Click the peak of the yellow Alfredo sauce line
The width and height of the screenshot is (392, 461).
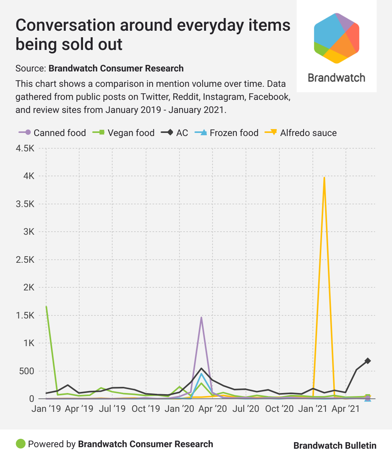coord(324,178)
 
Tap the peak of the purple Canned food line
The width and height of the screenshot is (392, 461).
coord(201,318)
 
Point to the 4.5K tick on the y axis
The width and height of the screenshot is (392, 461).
coord(25,148)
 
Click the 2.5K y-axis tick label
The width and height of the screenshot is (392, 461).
coord(25,260)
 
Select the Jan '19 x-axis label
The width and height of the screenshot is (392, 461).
coord(46,408)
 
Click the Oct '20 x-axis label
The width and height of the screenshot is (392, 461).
coord(279,408)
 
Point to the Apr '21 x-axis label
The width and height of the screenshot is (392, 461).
coord(346,408)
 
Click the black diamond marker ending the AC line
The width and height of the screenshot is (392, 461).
coord(368,361)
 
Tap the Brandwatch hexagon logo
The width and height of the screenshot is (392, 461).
coord(337,38)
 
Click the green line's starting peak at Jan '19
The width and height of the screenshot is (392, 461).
coord(47,307)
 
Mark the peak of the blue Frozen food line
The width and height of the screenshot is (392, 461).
coord(201,373)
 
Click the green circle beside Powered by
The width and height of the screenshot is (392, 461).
coord(20,444)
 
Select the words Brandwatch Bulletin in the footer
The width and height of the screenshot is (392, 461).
coord(335,445)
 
